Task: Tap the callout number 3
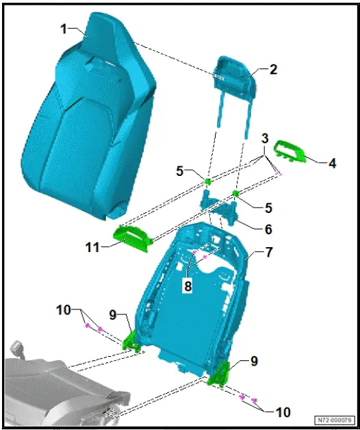264,139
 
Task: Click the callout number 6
268,229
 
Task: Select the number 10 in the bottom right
283,412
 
